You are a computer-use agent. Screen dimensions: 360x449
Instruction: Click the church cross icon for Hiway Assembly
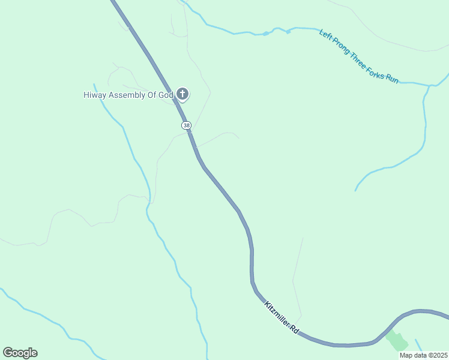click(x=183, y=94)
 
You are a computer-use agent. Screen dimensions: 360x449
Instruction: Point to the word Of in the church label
click(x=154, y=95)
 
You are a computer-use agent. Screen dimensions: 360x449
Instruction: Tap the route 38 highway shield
click(x=186, y=125)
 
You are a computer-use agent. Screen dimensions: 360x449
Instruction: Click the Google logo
click(x=20, y=353)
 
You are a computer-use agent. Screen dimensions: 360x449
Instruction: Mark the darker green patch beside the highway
click(x=397, y=341)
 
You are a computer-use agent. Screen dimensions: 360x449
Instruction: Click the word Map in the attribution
click(x=406, y=355)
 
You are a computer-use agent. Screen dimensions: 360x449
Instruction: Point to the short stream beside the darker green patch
click(x=418, y=345)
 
